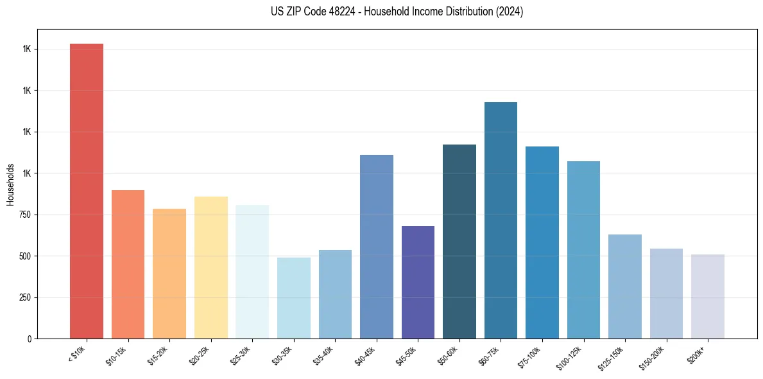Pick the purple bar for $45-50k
(418, 282)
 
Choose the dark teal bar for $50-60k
(459, 242)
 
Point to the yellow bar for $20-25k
(211, 267)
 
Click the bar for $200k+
(708, 296)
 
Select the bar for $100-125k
(583, 250)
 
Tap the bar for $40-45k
(377, 247)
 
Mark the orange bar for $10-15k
(128, 264)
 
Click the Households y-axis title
(10, 184)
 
